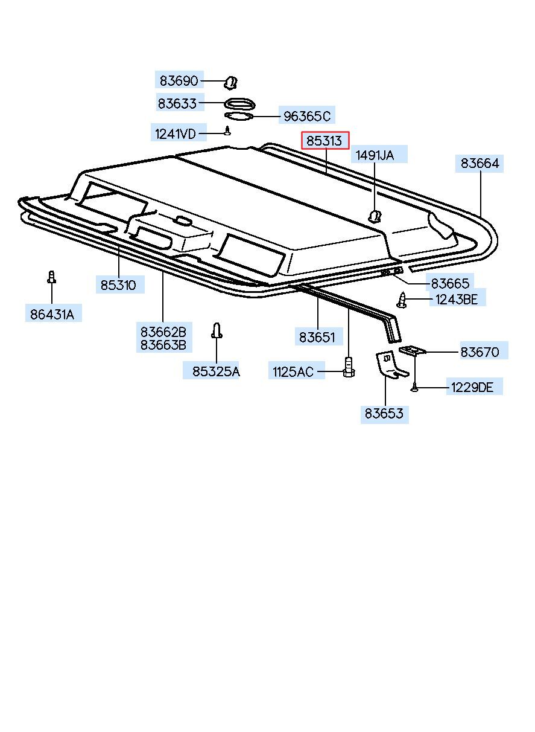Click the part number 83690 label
pos(179,80)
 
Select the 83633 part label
pos(177,103)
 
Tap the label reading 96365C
pos(307,116)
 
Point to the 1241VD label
pos(176,133)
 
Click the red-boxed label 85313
pos(324,141)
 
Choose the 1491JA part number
pos(374,155)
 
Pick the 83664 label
pos(480,163)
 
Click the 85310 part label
pos(118,284)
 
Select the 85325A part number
pos(216,371)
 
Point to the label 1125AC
pos(293,371)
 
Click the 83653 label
pos(384,414)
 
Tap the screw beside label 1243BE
pos(402,299)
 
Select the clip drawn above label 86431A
pos(52,277)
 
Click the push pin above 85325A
pos(217,331)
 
